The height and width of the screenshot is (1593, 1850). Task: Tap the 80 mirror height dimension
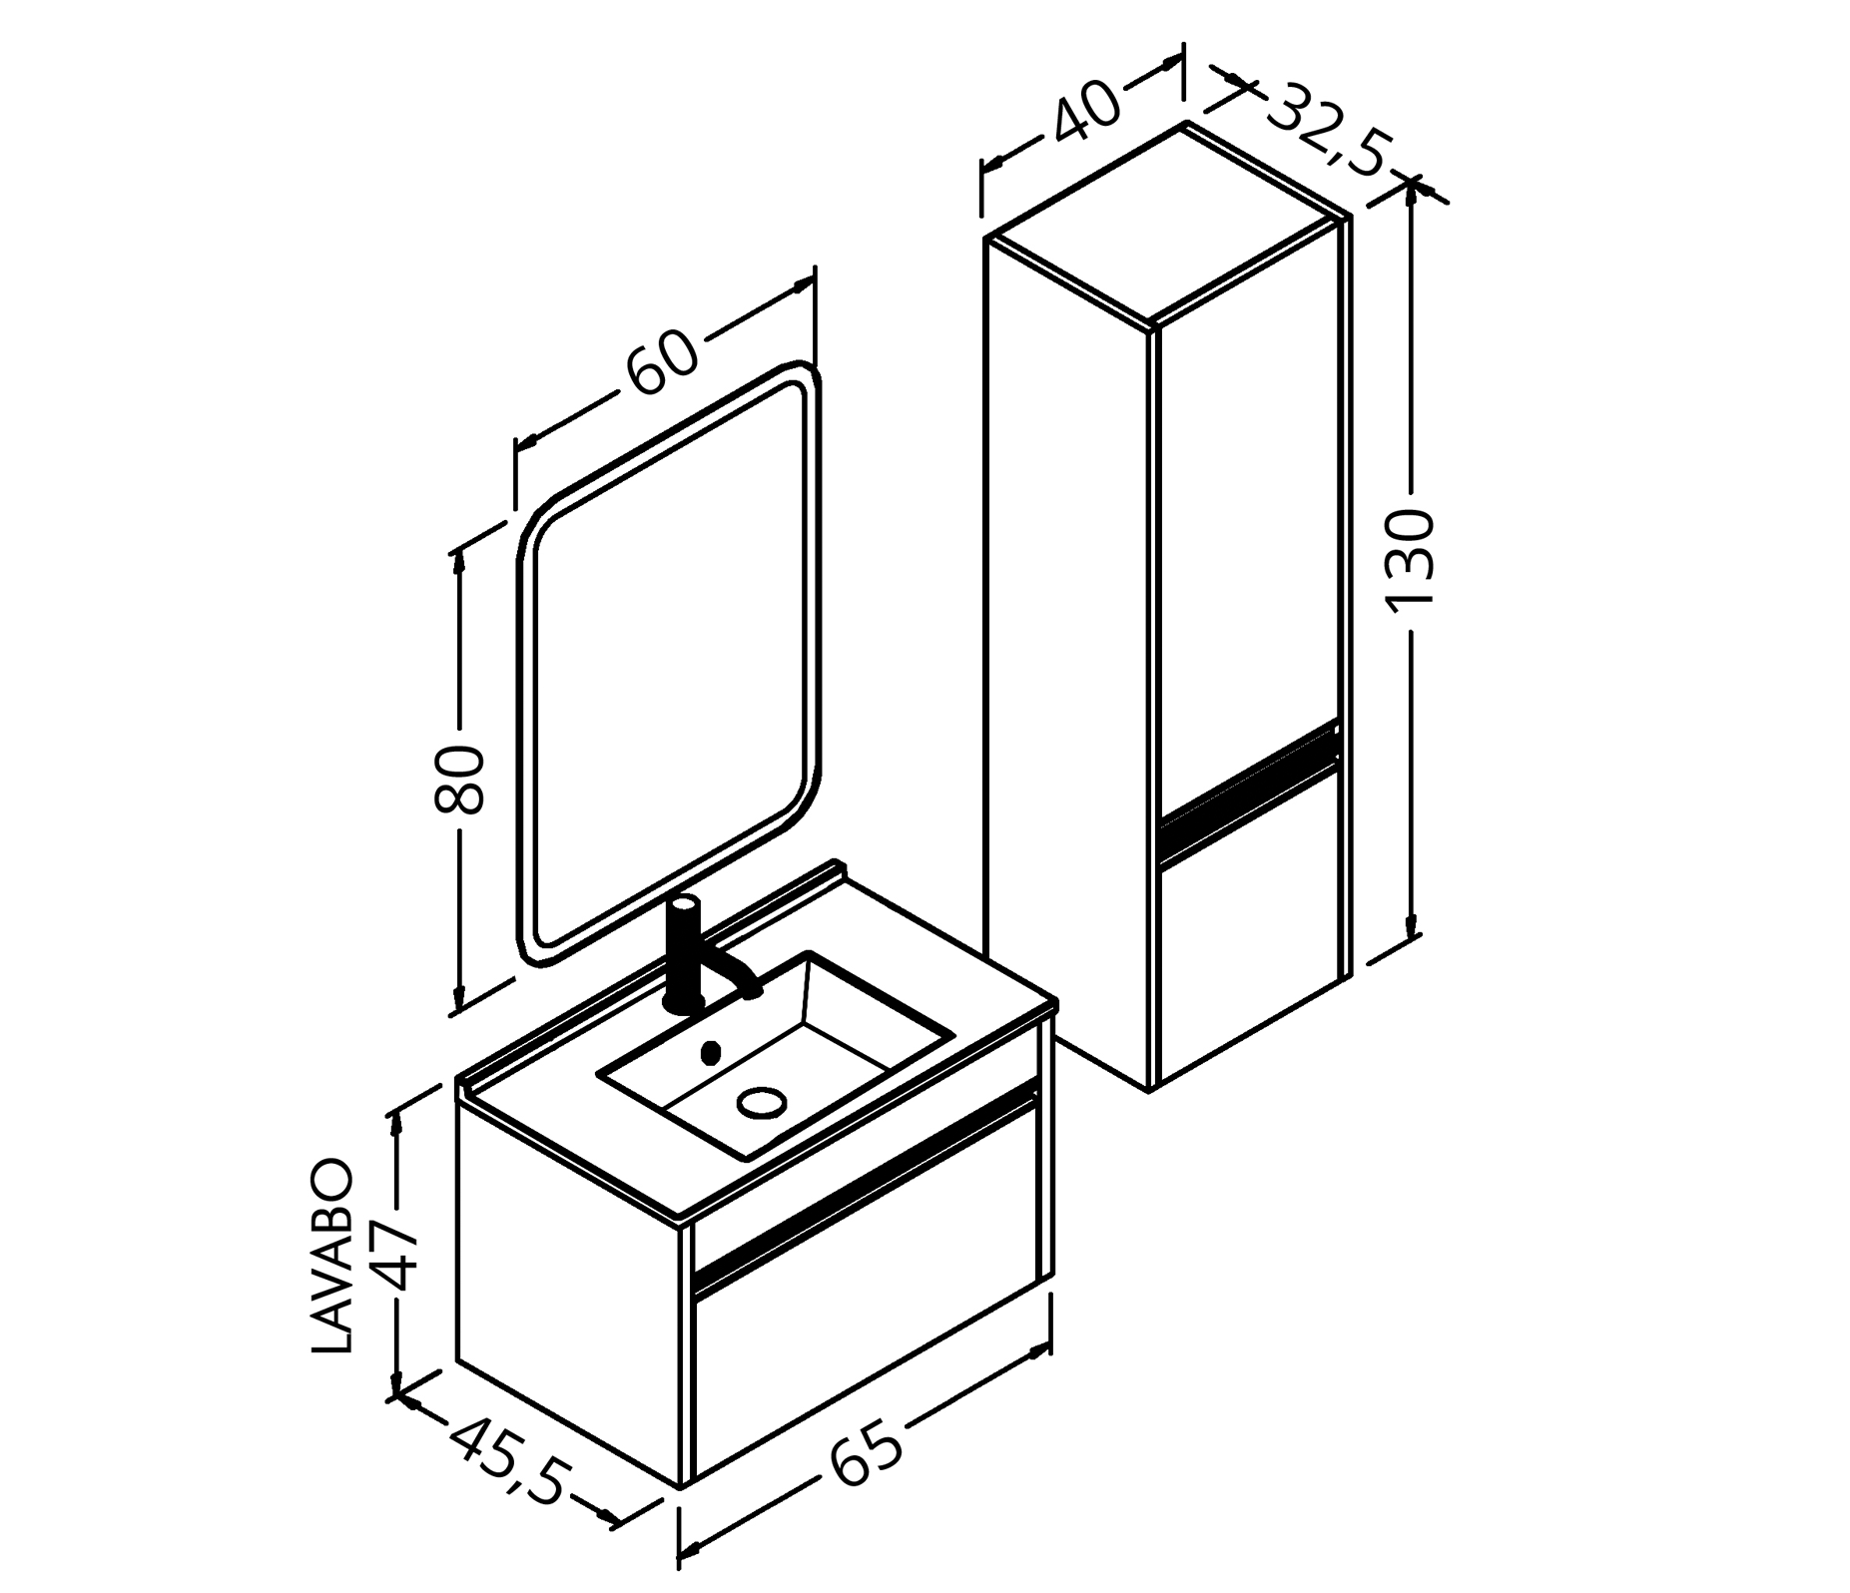click(x=460, y=779)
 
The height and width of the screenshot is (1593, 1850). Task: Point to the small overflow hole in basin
click(x=711, y=1051)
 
